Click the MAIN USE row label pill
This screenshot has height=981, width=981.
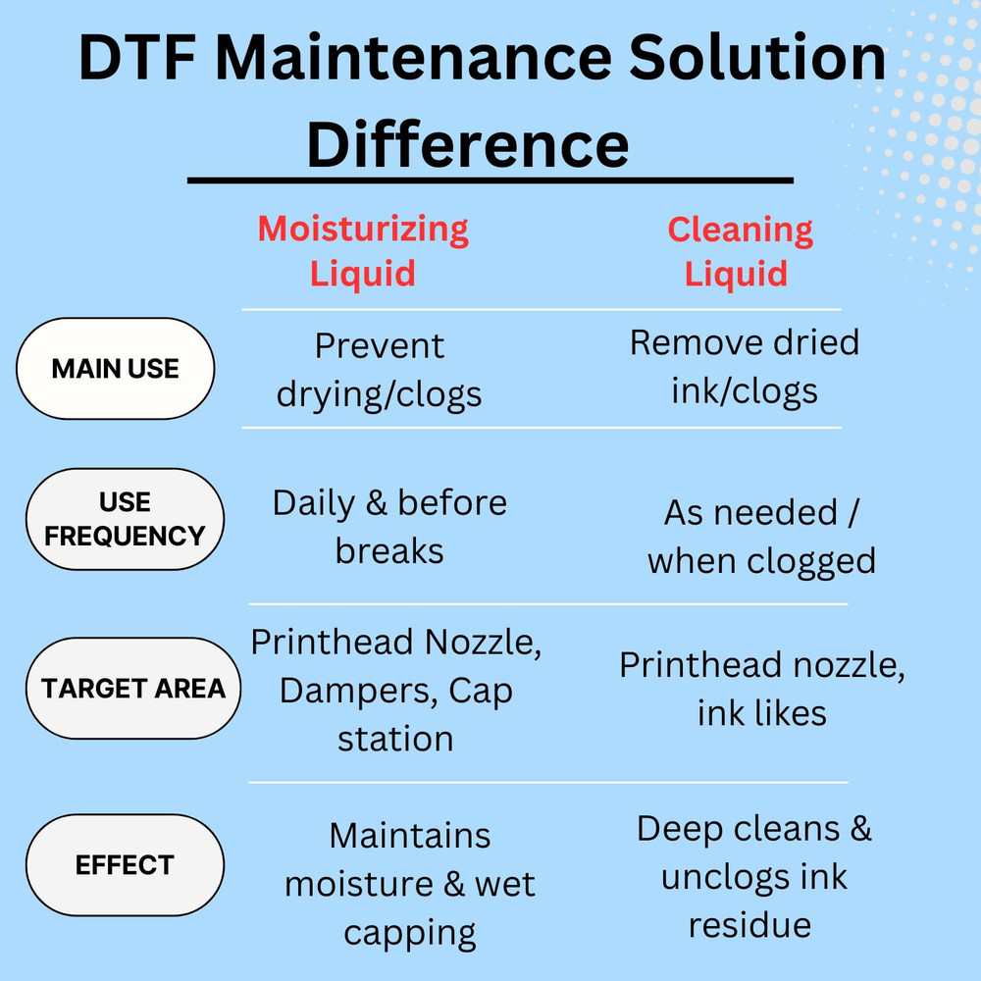[115, 369]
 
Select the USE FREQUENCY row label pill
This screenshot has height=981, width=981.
[125, 519]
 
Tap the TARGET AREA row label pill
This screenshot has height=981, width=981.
[132, 688]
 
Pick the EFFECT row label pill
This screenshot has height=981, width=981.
[125, 865]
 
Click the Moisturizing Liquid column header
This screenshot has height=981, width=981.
[363, 250]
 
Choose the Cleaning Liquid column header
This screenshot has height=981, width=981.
[740, 250]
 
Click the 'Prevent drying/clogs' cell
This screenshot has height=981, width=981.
[379, 370]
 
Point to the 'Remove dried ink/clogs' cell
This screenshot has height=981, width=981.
[745, 367]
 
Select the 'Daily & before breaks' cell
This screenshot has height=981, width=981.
[389, 527]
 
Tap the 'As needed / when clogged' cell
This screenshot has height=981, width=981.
[761, 537]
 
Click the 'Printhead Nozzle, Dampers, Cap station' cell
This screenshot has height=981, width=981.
[396, 691]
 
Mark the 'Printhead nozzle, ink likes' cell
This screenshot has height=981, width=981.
[762, 689]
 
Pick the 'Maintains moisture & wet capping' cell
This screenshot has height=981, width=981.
[410, 884]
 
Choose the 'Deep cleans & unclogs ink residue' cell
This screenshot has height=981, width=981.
[753, 876]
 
